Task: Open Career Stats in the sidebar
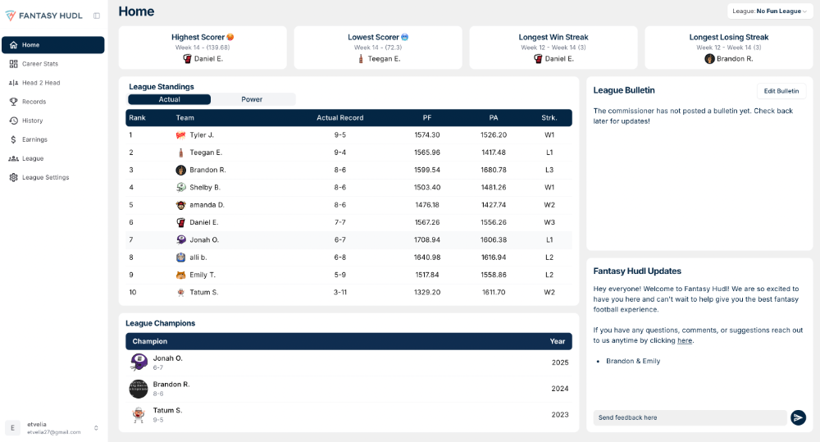point(39,64)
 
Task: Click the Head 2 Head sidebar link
point(40,83)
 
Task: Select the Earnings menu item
point(34,139)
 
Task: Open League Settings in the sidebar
point(45,177)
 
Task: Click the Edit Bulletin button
point(781,91)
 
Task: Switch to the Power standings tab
point(252,99)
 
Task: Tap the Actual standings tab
point(169,99)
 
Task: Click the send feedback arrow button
point(798,417)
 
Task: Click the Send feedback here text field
point(689,417)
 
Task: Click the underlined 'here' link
point(685,340)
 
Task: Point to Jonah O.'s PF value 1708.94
point(426,240)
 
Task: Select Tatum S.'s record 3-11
point(339,293)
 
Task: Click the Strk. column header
point(549,118)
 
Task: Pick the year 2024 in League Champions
point(559,389)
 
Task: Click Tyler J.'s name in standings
point(202,135)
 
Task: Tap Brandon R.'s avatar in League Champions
point(139,389)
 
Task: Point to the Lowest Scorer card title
point(373,37)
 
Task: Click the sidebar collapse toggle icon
point(97,16)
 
